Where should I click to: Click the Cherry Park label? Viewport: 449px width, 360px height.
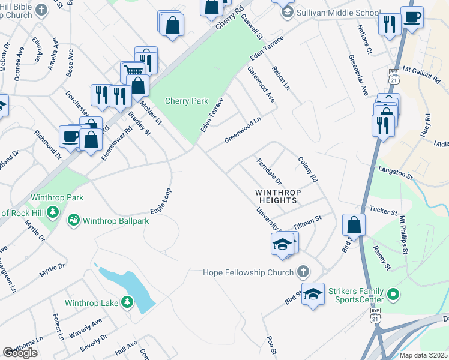pyautogui.click(x=187, y=101)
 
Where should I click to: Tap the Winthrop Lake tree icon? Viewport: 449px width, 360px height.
pyautogui.click(x=127, y=302)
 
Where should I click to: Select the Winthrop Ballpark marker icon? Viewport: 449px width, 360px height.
pyautogui.click(x=74, y=220)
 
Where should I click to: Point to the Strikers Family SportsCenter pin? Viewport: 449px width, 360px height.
pyautogui.click(x=393, y=294)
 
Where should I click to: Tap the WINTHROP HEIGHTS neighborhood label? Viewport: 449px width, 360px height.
pyautogui.click(x=276, y=196)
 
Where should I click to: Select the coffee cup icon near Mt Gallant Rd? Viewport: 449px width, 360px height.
pyautogui.click(x=412, y=17)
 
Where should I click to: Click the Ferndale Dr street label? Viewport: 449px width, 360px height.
pyautogui.click(x=269, y=172)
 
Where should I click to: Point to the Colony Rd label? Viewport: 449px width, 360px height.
pyautogui.click(x=308, y=170)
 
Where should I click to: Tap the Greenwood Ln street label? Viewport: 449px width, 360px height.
pyautogui.click(x=243, y=130)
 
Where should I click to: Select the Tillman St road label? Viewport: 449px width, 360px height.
pyautogui.click(x=307, y=223)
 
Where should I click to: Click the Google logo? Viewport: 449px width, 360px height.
pyautogui.click(x=20, y=353)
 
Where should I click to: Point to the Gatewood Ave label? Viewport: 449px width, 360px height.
pyautogui.click(x=261, y=84)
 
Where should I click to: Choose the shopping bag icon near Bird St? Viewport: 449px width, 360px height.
pyautogui.click(x=354, y=225)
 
